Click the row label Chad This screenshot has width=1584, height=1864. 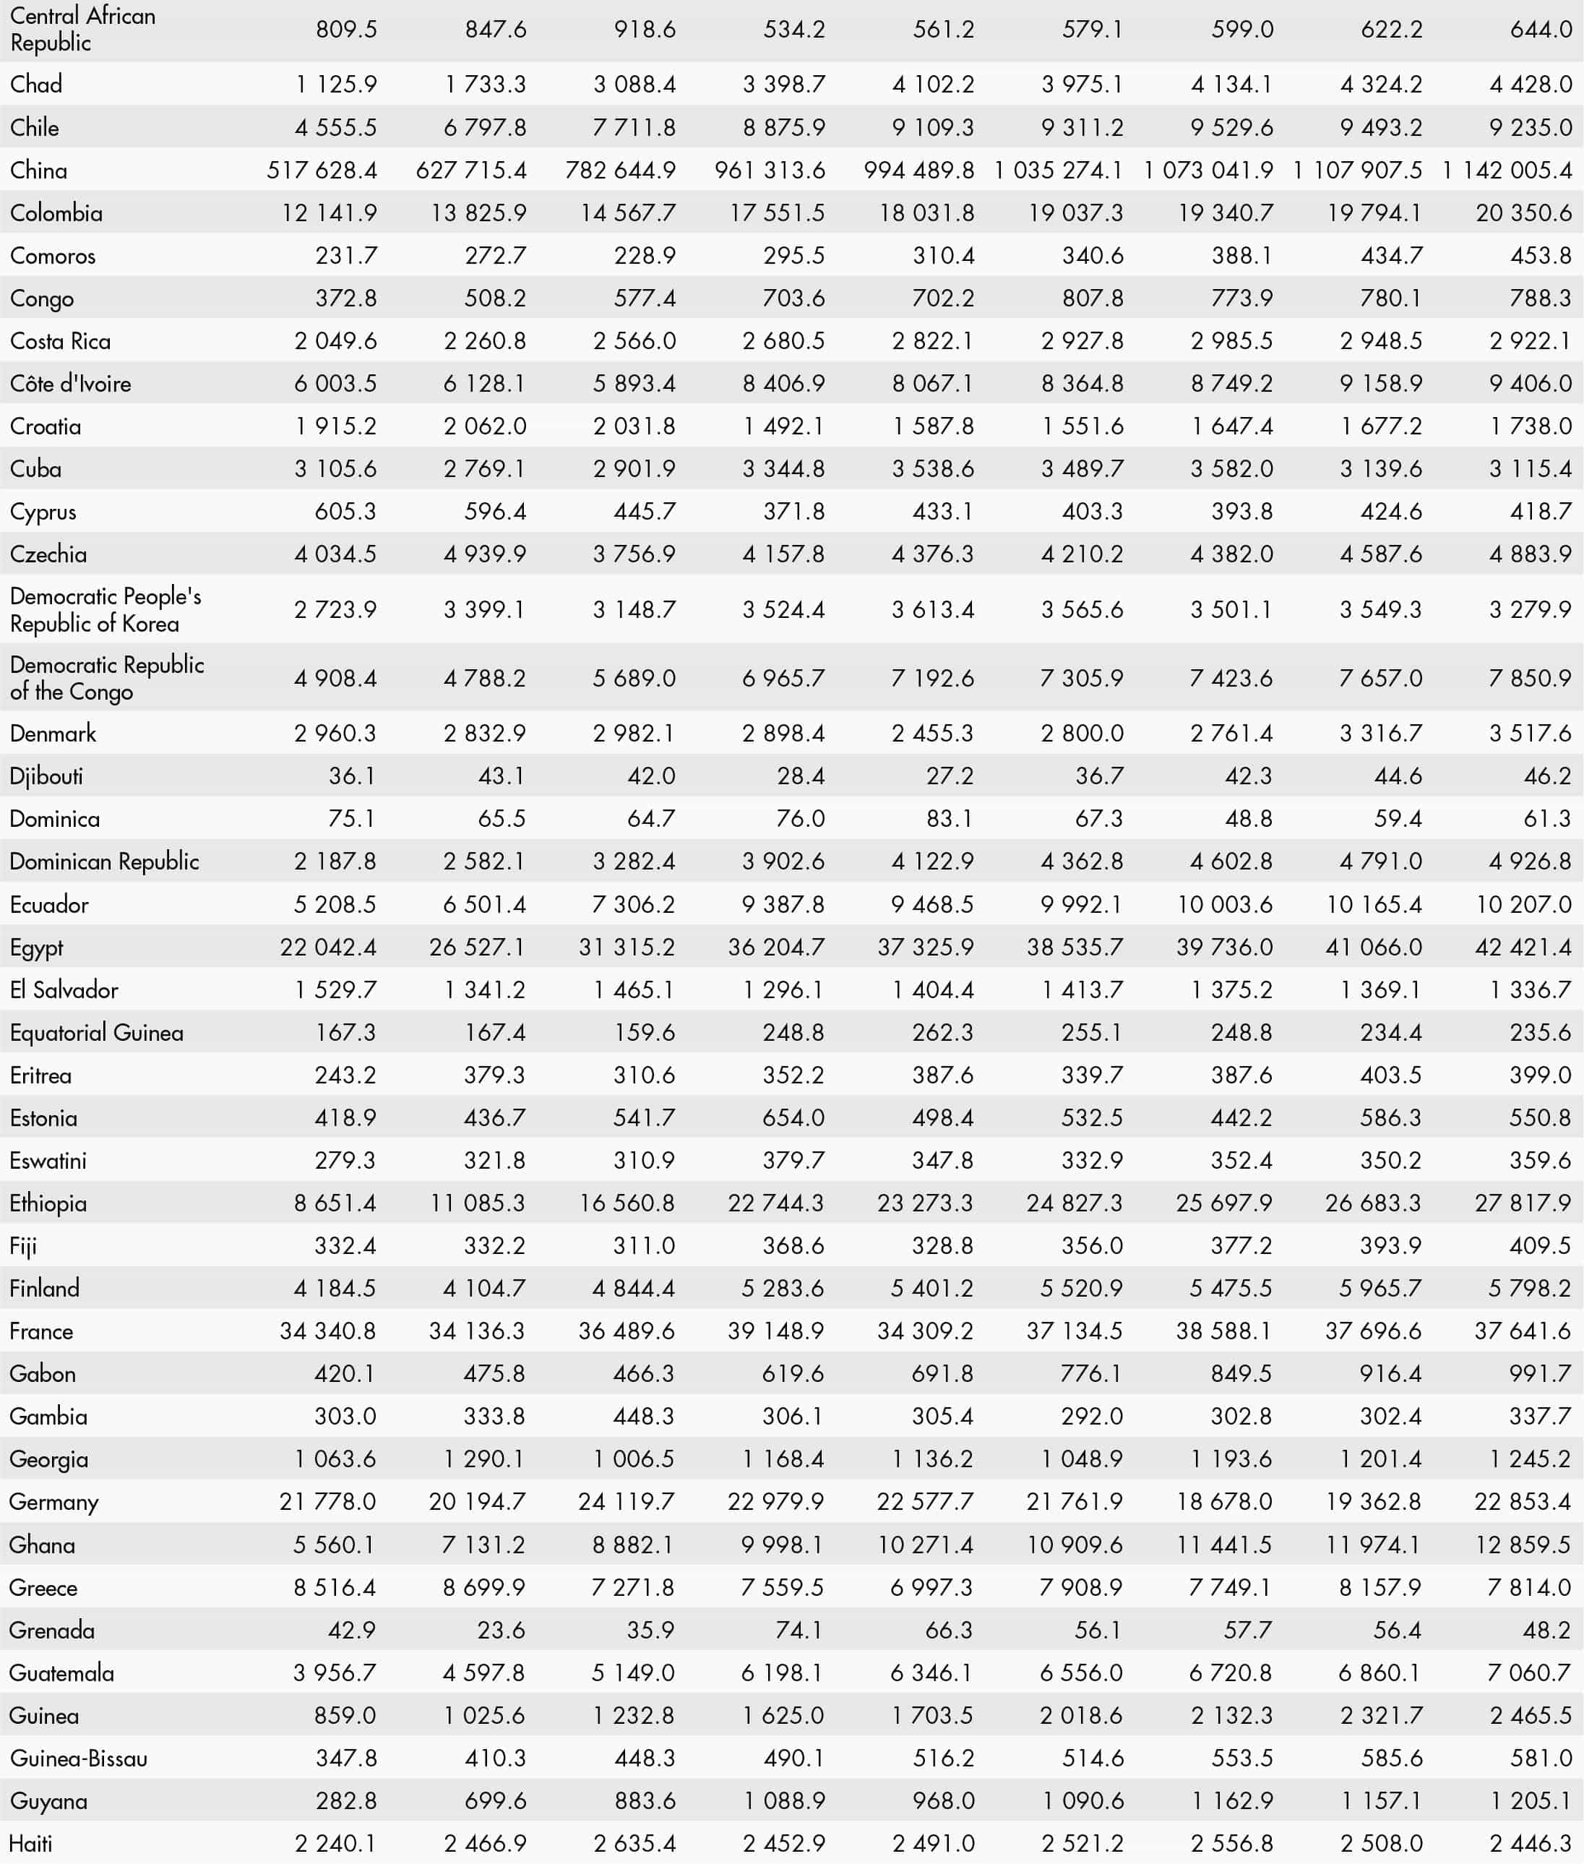point(36,85)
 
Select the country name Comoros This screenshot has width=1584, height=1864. point(52,256)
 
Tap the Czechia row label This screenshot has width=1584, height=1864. point(48,554)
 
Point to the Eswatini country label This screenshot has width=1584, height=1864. point(48,1161)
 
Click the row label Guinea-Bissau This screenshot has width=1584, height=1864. point(78,1758)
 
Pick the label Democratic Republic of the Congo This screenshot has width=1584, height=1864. point(106,678)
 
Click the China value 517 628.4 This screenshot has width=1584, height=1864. point(322,171)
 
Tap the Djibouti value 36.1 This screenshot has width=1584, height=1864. point(351,776)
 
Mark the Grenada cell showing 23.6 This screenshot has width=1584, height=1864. point(501,1630)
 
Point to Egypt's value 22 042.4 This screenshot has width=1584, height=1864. point(328,948)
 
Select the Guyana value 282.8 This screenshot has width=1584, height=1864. point(345,1800)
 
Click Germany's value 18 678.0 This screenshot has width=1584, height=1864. point(1224,1501)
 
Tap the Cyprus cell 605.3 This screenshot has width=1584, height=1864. point(345,512)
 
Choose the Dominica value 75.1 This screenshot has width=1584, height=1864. point(351,819)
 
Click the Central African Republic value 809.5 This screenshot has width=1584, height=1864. point(345,30)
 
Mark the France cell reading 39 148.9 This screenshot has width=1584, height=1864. point(776,1331)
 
